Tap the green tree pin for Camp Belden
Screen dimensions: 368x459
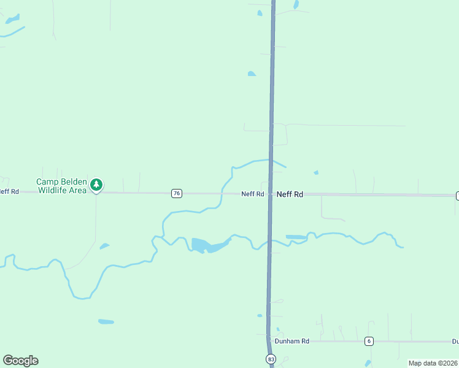pos(96,184)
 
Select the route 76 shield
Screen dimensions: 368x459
pos(177,193)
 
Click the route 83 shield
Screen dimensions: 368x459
pos(271,358)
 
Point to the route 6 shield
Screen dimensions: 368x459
pos(369,341)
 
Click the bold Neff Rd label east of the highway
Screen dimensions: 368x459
pos(290,194)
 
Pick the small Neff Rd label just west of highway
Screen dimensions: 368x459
pos(252,194)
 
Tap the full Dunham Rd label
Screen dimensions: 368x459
pos(292,341)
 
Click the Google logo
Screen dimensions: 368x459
pos(20,361)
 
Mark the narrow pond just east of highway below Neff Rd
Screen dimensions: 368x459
pos(296,237)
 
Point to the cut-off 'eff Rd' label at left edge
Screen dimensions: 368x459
pos(9,192)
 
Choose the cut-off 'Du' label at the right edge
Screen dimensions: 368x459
pos(455,341)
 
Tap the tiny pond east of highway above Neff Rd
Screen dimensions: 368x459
pos(316,173)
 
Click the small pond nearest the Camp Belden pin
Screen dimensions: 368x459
pos(104,246)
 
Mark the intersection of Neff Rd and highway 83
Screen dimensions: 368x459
pos(271,194)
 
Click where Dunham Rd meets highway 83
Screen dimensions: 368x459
pos(269,341)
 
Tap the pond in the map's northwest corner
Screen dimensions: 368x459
pos(12,20)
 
